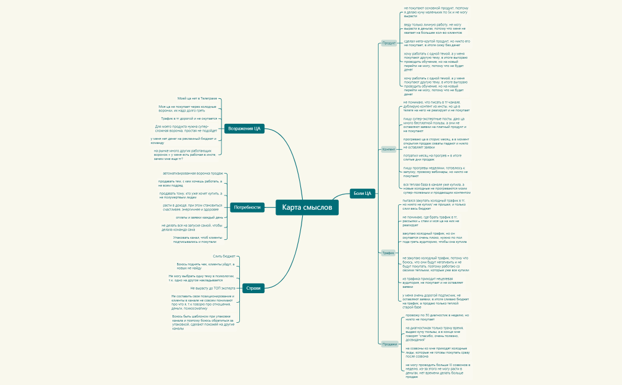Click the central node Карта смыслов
click(307, 207)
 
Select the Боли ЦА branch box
click(362, 193)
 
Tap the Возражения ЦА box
click(244, 129)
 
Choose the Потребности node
click(247, 207)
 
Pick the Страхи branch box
click(253, 288)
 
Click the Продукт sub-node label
click(389, 43)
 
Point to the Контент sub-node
click(389, 149)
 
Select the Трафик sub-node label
click(388, 253)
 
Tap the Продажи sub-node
click(389, 344)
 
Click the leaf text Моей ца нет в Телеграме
click(197, 98)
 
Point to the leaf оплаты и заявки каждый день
click(191, 217)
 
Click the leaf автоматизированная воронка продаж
click(197, 173)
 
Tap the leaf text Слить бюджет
click(225, 256)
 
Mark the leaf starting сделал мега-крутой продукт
click(437, 43)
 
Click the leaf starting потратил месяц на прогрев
click(432, 157)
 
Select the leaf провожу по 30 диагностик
click(437, 317)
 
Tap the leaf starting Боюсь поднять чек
click(205, 266)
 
